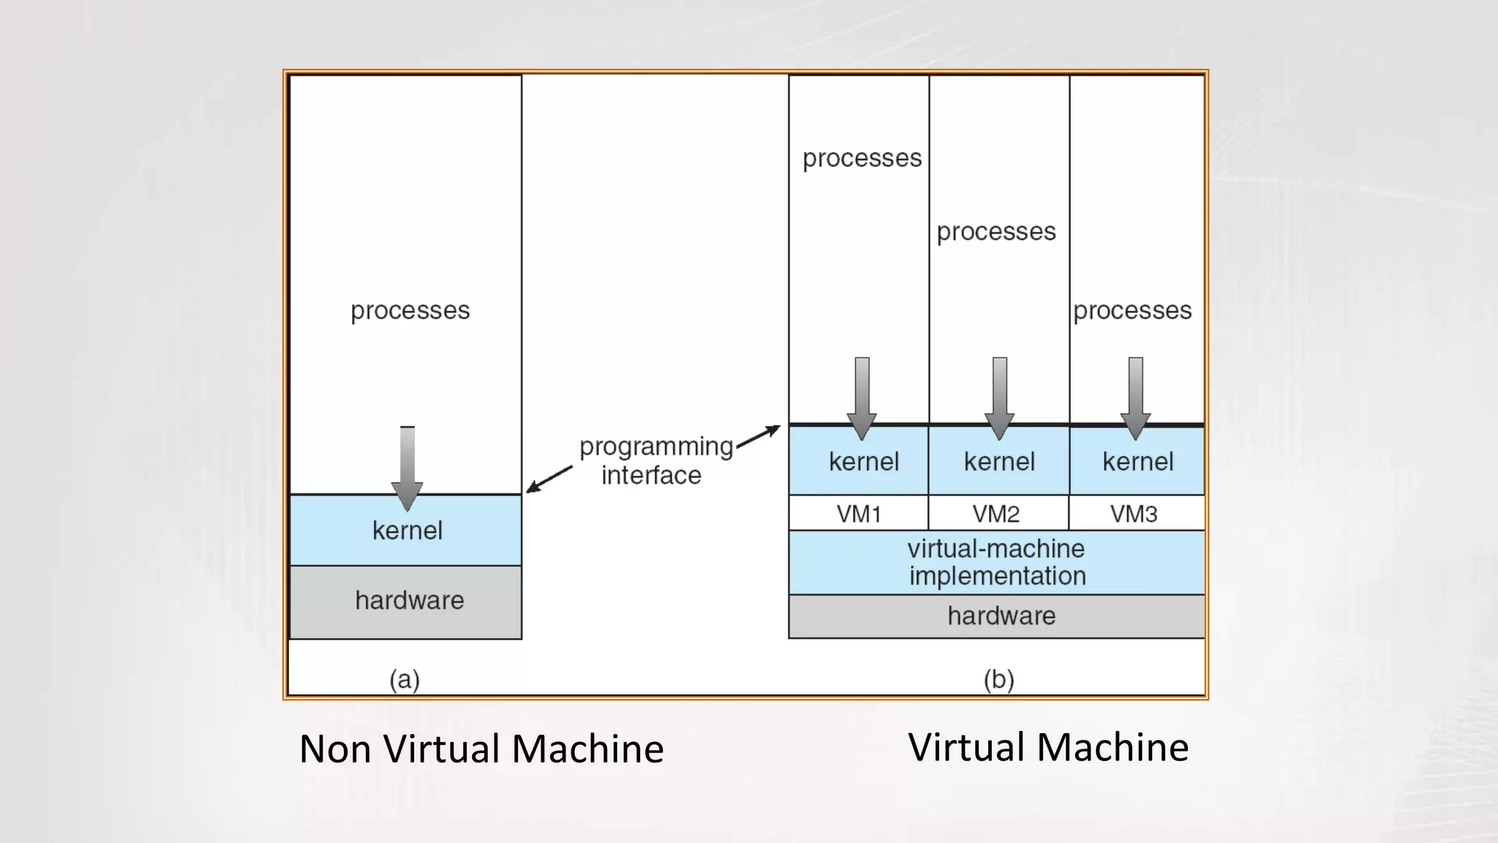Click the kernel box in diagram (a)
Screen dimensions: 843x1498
point(406,531)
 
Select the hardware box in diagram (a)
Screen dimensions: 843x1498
point(406,602)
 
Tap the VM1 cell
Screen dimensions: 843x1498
point(859,513)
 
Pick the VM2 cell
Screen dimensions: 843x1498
point(998,513)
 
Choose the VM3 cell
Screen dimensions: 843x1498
point(1135,513)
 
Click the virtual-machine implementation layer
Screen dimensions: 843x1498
point(996,562)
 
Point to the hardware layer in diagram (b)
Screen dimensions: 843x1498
point(996,616)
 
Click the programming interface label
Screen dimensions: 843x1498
point(655,460)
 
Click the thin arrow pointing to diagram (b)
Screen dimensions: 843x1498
point(759,435)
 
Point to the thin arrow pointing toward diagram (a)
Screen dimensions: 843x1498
point(549,479)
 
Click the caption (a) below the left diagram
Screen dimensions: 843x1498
point(404,679)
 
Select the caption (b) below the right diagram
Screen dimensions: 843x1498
point(998,679)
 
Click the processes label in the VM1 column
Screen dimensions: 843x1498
point(862,158)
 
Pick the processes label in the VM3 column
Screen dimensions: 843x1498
point(1132,310)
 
